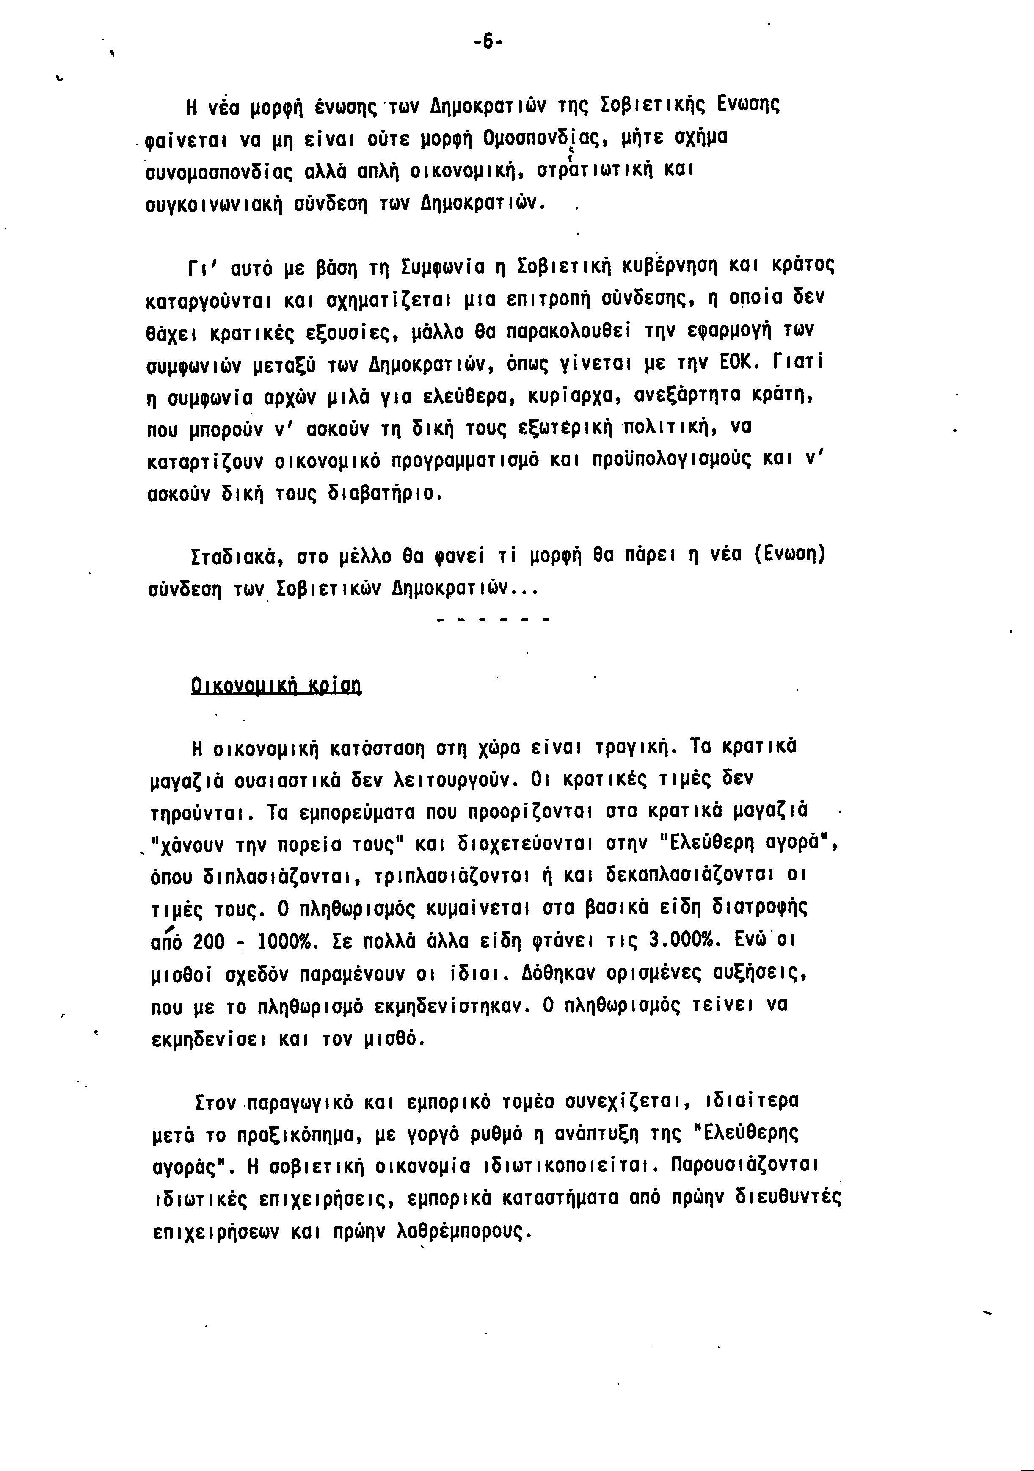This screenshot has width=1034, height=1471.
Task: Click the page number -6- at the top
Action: [488, 43]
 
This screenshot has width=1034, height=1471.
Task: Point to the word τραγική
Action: [631, 748]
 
